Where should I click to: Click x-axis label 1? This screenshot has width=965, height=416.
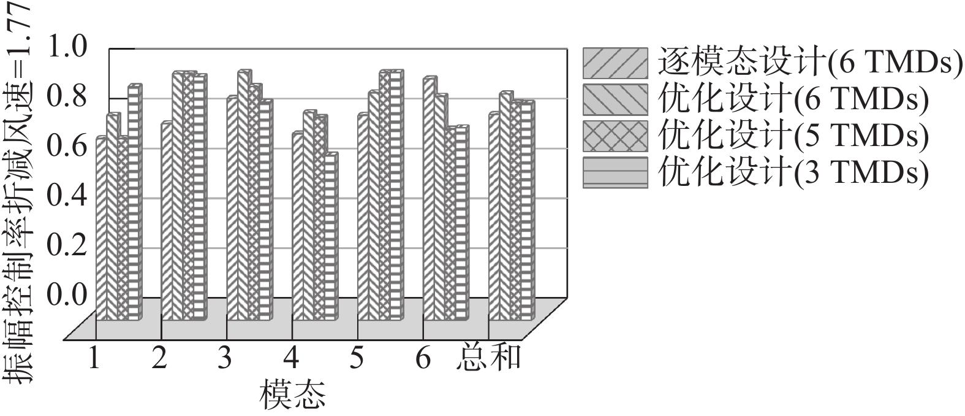click(94, 358)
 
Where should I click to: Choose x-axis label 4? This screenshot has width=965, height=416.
click(291, 358)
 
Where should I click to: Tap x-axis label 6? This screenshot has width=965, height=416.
click(423, 358)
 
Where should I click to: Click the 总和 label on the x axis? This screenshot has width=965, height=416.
click(488, 358)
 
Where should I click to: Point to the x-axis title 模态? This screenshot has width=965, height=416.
click(292, 396)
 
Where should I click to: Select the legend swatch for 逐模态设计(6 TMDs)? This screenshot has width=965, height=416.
click(615, 63)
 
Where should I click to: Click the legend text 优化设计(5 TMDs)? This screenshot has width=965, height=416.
click(793, 136)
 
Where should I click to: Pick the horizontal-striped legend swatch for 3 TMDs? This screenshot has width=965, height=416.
click(615, 172)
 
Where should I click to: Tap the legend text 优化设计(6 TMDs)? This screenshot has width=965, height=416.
click(793, 99)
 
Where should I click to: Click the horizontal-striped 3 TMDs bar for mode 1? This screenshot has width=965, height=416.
click(134, 202)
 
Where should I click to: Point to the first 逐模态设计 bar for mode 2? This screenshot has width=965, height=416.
click(167, 221)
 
